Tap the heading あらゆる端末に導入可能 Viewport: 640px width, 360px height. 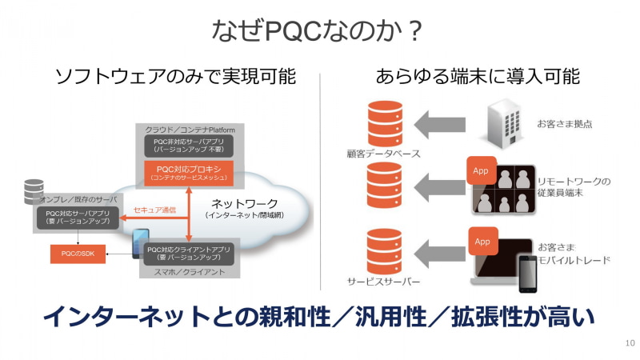pyautogui.click(x=478, y=77)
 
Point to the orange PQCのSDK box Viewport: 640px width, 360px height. pyautogui.click(x=77, y=254)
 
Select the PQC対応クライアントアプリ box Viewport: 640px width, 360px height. pyautogui.click(x=189, y=254)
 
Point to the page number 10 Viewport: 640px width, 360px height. pyautogui.click(x=629, y=343)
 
